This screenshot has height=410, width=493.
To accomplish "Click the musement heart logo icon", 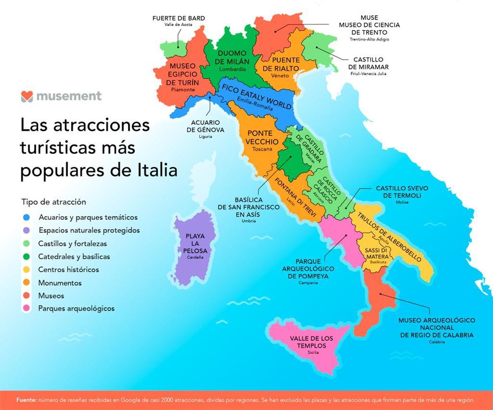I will click(26, 96).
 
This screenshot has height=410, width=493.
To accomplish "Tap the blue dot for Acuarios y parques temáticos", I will click(26, 217).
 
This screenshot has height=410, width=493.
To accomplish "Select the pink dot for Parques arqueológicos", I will click(26, 308).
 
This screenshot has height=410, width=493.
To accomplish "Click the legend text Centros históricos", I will click(68, 270).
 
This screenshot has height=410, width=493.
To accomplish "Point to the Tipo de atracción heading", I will click(53, 202).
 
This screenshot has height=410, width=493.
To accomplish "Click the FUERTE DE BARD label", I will click(179, 18).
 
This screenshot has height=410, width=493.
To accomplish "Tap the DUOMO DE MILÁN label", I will click(232, 57).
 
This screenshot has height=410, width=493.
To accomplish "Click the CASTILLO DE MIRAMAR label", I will click(368, 63).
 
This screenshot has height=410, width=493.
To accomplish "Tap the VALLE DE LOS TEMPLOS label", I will click(311, 342).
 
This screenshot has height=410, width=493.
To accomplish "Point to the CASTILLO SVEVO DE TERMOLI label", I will click(402, 192).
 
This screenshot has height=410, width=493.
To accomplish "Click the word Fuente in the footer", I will click(26, 400).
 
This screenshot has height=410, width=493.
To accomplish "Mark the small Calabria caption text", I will click(437, 342).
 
